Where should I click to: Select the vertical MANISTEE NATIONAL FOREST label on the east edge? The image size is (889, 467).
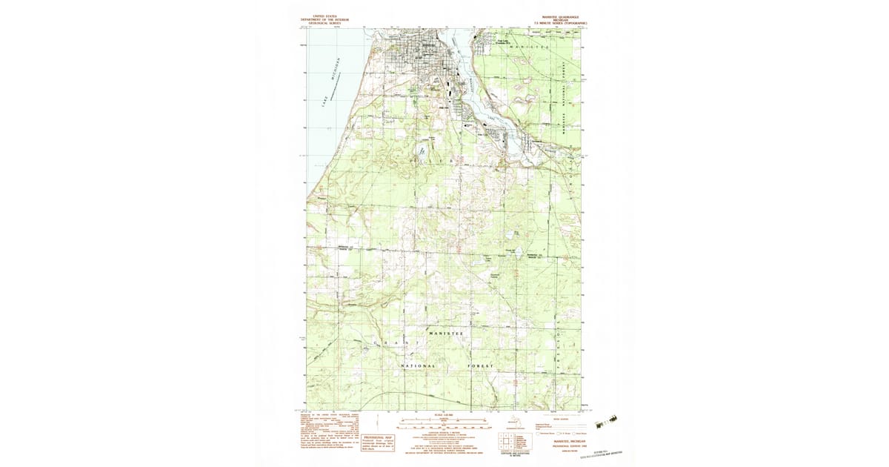[x=564, y=96]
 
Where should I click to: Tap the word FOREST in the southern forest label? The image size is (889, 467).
[x=480, y=366]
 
